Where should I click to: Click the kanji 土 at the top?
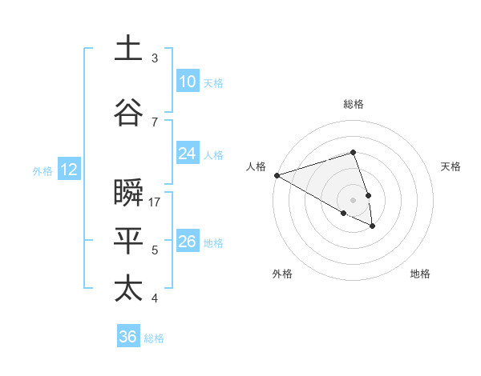pyautogui.click(x=128, y=47)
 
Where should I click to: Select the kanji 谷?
pyautogui.click(x=128, y=112)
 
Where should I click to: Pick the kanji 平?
pyautogui.click(x=128, y=239)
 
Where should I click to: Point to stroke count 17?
pyautogui.click(x=155, y=202)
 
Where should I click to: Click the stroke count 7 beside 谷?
pyautogui.click(x=155, y=122)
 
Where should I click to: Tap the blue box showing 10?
pyautogui.click(x=188, y=82)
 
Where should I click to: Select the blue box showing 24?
pyautogui.click(x=188, y=154)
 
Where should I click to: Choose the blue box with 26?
pyautogui.click(x=188, y=242)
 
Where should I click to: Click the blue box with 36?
pyautogui.click(x=128, y=337)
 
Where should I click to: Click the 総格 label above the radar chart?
pyautogui.click(x=353, y=104)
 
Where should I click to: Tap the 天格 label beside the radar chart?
pyautogui.click(x=451, y=166)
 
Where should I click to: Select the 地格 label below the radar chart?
pyautogui.click(x=420, y=274)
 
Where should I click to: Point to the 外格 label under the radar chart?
pyautogui.click(x=282, y=274)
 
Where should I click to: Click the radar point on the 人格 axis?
pyautogui.click(x=277, y=175)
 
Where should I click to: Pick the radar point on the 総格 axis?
pyautogui.click(x=353, y=152)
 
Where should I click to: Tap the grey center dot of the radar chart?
pyautogui.click(x=353, y=200)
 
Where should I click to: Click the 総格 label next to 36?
pyautogui.click(x=154, y=338)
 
